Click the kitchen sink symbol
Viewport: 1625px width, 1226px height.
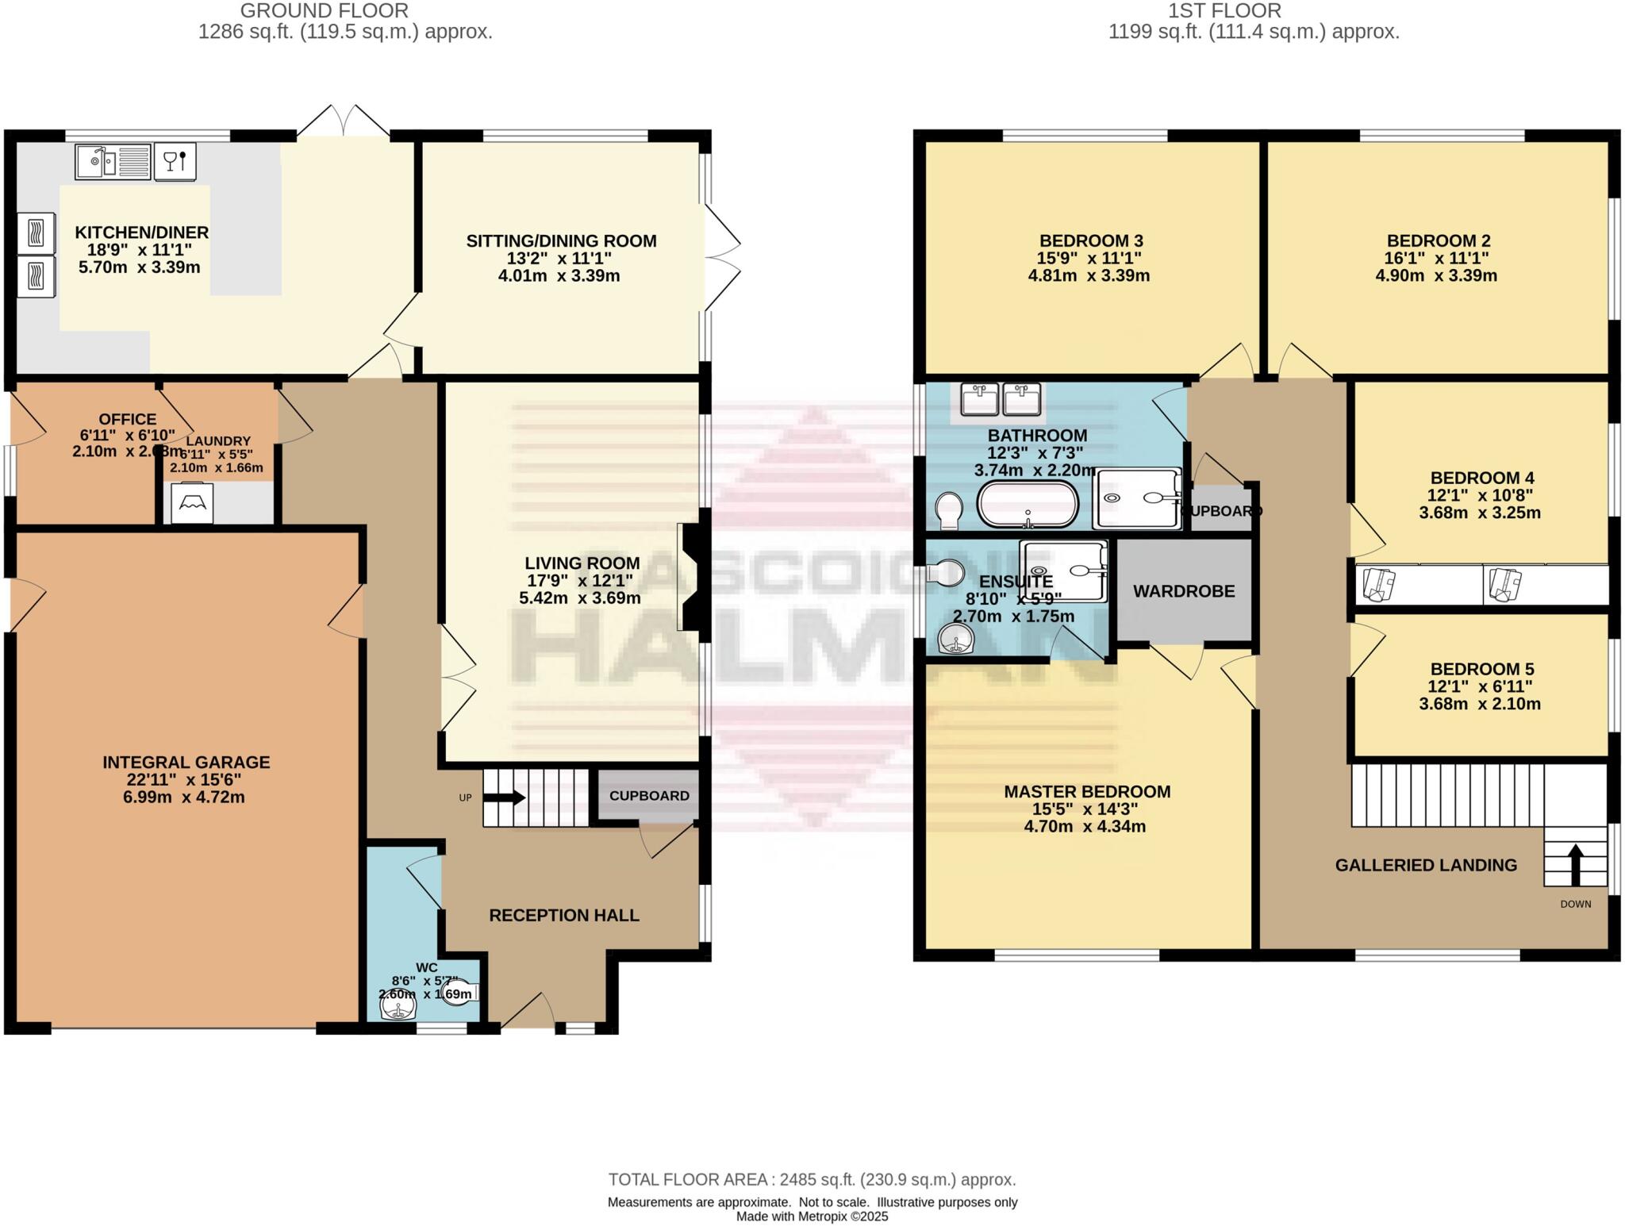113,162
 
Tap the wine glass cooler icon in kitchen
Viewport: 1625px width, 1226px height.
175,162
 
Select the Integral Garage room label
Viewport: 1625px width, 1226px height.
186,763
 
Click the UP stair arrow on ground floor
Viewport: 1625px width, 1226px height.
508,797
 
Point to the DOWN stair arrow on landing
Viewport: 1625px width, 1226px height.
1575,865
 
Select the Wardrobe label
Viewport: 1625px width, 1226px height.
1183,591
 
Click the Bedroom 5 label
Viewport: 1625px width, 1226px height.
1481,669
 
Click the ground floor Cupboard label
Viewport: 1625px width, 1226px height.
649,796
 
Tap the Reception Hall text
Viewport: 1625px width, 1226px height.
563,916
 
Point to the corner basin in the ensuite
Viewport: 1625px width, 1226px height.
957,638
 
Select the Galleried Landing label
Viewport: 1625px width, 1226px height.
1425,866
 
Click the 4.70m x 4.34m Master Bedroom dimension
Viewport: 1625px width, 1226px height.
1084,827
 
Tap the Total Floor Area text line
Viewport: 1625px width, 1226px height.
812,1180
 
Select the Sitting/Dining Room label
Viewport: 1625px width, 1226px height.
561,241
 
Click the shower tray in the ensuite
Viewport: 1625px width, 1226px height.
1064,571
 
